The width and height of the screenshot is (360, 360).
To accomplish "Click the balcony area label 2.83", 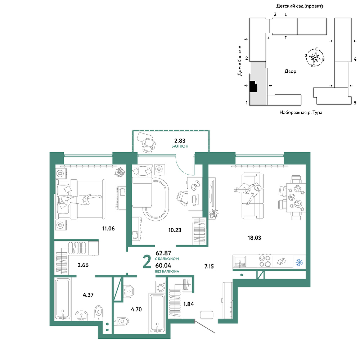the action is [x=180, y=140].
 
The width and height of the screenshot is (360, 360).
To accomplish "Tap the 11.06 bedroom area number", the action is [x=108, y=229].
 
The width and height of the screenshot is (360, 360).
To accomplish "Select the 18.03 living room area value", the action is [x=254, y=238].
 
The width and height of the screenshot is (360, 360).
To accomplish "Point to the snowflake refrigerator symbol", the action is [x=299, y=262].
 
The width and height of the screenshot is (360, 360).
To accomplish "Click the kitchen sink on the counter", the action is [x=240, y=261].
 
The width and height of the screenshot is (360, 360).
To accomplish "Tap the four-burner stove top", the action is [x=265, y=261].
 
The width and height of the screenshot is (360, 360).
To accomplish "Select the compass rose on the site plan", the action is [x=315, y=58].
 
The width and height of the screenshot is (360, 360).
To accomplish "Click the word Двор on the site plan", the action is [x=290, y=71].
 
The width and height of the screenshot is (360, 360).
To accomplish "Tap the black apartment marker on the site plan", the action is [x=253, y=86].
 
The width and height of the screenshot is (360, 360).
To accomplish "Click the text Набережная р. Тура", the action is [x=301, y=112].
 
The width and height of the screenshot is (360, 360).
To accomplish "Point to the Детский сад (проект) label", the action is [x=300, y=6].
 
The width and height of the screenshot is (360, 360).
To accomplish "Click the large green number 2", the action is [x=147, y=262].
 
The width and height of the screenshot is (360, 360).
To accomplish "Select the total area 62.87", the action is [x=163, y=253].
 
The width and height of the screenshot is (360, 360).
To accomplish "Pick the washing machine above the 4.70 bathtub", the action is [x=161, y=287].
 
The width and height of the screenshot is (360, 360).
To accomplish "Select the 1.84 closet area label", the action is [x=189, y=304].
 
